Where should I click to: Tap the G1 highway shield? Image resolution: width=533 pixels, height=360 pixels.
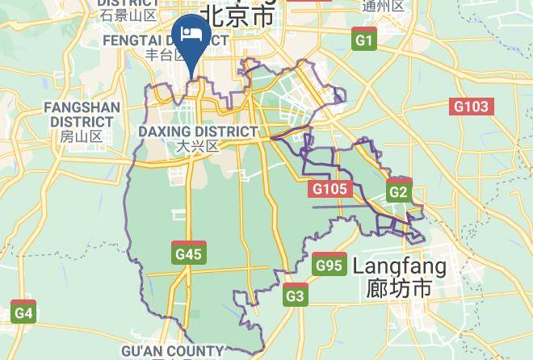365,40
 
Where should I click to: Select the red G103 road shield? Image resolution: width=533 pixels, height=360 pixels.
471,106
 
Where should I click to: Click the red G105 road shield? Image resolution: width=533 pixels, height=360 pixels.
329,189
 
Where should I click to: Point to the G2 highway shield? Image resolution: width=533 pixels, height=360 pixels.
398,191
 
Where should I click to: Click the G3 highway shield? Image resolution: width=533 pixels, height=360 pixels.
296,296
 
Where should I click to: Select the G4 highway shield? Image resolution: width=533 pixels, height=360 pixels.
23,312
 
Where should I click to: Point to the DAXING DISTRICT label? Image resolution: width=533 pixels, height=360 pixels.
198,131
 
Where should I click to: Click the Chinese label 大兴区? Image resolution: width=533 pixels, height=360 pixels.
198,146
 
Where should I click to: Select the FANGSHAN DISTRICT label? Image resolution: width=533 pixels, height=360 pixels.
82,114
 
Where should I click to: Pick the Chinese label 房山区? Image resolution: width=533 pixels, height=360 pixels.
82,136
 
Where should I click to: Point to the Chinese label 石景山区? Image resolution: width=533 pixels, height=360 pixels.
128,15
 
